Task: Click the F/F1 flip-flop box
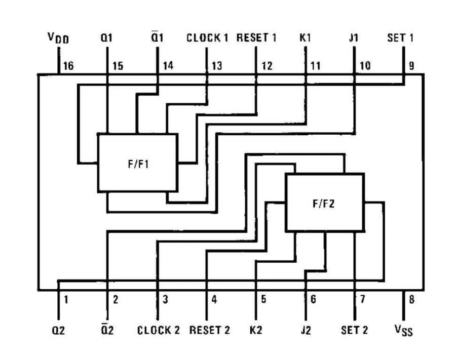point(137,163)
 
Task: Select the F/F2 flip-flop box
point(324,203)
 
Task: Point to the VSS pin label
point(403,331)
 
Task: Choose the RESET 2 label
point(209,330)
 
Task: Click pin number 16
point(68,66)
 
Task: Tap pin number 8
point(412,299)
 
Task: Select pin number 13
point(216,66)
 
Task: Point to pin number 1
point(66,299)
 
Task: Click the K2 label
point(256,330)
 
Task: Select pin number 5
point(263,299)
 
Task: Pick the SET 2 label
point(354,330)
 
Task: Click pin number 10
point(365,66)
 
